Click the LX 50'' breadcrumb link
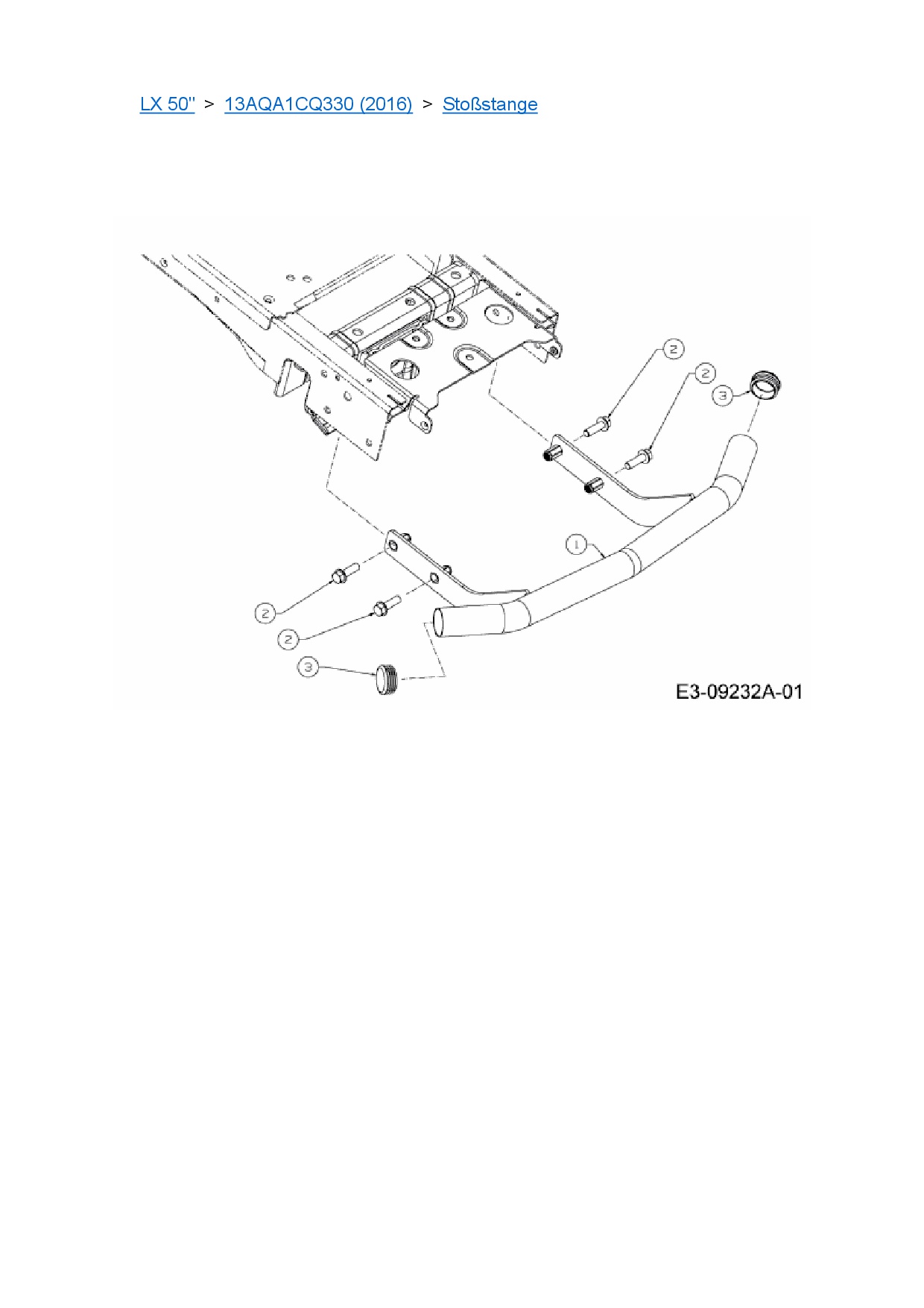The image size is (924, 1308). coord(167,104)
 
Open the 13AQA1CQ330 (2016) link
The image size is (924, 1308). coord(318,104)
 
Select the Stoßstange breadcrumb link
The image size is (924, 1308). coord(490,104)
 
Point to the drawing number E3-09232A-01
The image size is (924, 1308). coord(738,692)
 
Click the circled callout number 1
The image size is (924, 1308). coord(576,544)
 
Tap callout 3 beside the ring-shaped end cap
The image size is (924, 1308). coord(723,395)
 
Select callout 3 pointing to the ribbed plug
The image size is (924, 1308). coord(308,667)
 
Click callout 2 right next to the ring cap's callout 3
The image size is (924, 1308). coord(705,373)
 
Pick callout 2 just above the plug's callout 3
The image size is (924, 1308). coord(288,638)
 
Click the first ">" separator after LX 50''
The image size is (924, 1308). coord(209,104)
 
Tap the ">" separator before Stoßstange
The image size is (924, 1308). coord(427,104)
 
